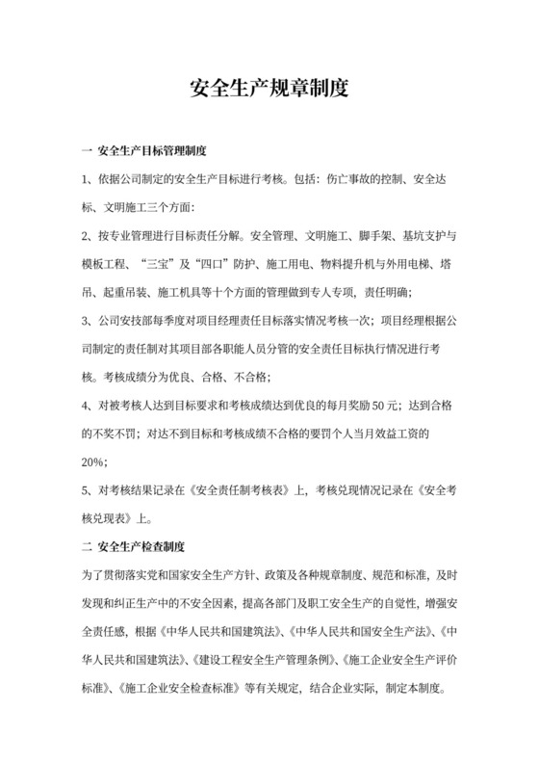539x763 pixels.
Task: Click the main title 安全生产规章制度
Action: [269, 91]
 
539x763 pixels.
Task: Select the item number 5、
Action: [90, 491]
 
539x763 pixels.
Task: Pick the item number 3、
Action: [90, 321]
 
